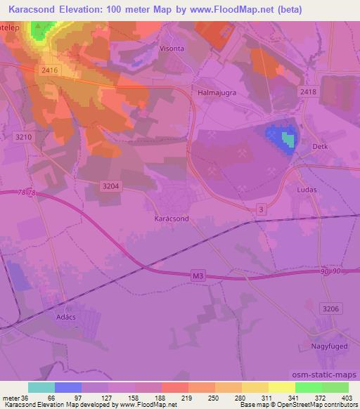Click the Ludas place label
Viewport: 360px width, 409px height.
[307, 190]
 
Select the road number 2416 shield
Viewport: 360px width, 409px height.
[49, 70]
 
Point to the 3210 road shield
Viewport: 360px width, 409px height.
[23, 138]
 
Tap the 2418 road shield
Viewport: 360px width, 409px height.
[308, 93]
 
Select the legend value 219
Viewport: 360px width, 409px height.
[187, 398]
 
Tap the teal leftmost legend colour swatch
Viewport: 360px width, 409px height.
[41, 387]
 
